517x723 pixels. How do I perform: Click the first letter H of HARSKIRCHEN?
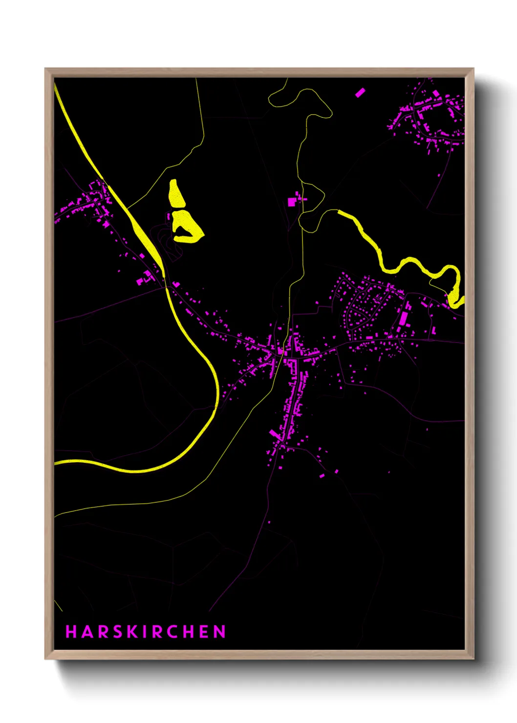pyautogui.click(x=71, y=632)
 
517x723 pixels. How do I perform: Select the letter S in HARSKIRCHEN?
pyautogui.click(x=116, y=632)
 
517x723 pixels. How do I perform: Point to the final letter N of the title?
pyautogui.click(x=219, y=632)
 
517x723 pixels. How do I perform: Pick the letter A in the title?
pyautogui.click(x=86, y=632)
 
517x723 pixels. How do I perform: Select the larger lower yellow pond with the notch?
pyautogui.click(x=187, y=228)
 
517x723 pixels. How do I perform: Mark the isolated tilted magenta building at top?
pyautogui.click(x=360, y=92)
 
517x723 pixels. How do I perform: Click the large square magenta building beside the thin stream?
pyautogui.click(x=292, y=201)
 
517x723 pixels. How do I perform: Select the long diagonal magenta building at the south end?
pyautogui.click(x=275, y=434)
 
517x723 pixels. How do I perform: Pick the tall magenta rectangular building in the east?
pyautogui.click(x=404, y=318)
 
